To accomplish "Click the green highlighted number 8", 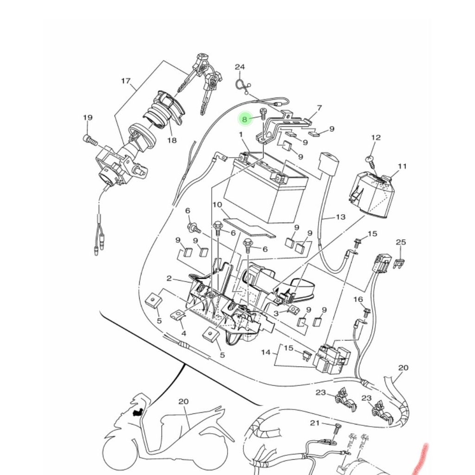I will [x=245, y=119].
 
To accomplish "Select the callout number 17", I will [x=126, y=81].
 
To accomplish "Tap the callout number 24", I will [x=239, y=67].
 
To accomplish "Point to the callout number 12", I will [x=376, y=138].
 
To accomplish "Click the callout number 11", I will [x=402, y=166].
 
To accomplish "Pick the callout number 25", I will [x=401, y=243].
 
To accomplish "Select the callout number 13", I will [x=340, y=217].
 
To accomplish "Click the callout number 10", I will [x=217, y=205].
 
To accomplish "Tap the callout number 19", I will [x=88, y=118].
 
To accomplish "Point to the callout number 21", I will [x=315, y=423].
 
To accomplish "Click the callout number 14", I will [x=266, y=353].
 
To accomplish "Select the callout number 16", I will [x=358, y=300].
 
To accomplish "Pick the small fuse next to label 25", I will [x=398, y=264].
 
